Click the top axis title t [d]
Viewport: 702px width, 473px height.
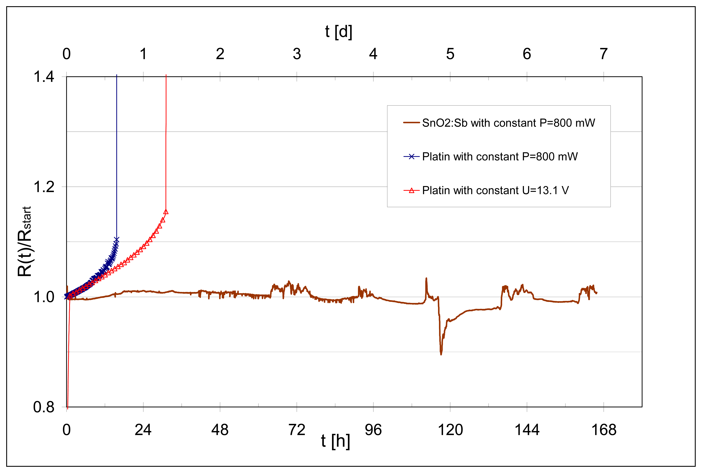click(338, 31)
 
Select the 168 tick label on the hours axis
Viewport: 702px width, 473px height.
click(604, 430)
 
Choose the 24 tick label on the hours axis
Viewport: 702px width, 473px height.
click(143, 430)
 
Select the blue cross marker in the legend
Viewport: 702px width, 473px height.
click(411, 157)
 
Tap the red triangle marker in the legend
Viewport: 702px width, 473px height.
click(411, 190)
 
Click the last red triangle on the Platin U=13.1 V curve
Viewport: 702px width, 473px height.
click(166, 212)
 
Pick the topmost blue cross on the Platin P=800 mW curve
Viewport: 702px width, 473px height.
click(116, 240)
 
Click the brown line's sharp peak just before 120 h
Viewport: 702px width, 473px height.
click(426, 278)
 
